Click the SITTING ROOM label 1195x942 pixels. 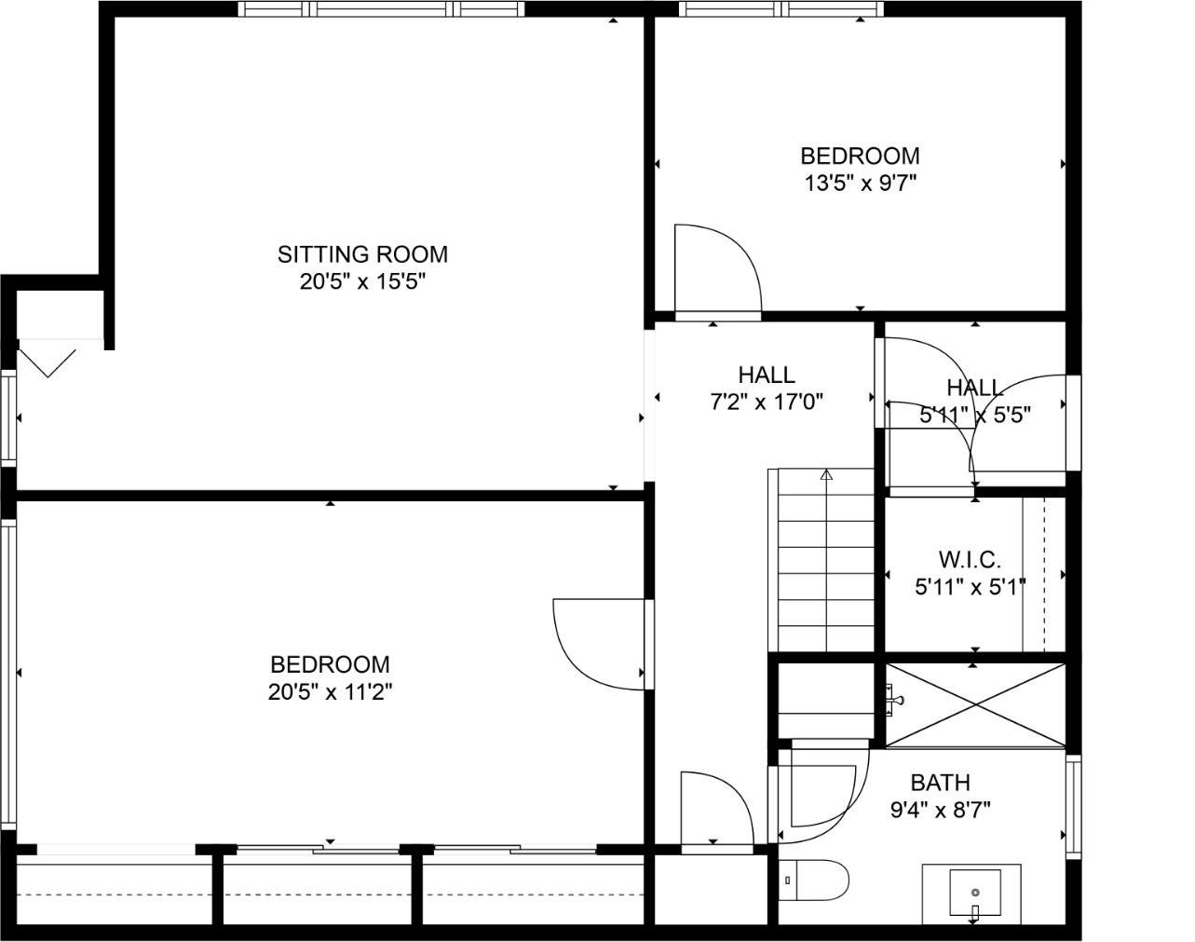click(x=362, y=253)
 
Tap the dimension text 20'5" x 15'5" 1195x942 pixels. click(x=362, y=281)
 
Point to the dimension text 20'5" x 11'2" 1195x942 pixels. click(x=330, y=692)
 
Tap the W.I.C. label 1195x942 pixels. click(x=969, y=560)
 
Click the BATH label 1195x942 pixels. click(x=940, y=782)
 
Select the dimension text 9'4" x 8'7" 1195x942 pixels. click(x=940, y=810)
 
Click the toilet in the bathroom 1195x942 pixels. click(x=816, y=881)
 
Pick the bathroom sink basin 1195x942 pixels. click(x=974, y=893)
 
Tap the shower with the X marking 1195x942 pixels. click(x=974, y=705)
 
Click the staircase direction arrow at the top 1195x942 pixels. click(x=825, y=476)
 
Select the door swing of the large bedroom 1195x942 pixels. click(x=596, y=643)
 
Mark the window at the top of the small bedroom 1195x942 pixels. click(x=781, y=9)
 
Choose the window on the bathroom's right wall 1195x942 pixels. click(x=1073, y=807)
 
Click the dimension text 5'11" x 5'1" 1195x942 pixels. click(x=969, y=587)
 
